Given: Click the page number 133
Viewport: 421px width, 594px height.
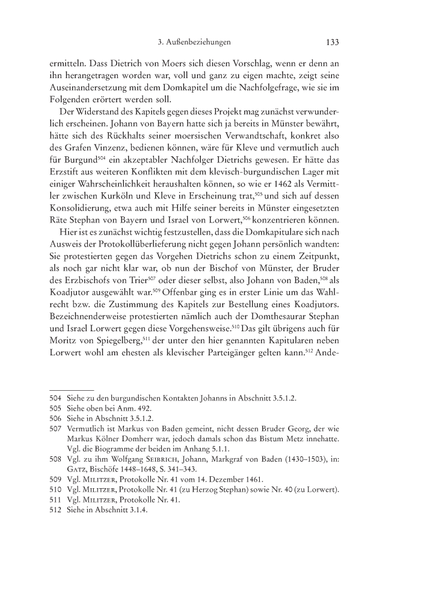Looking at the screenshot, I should click(x=333, y=43).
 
